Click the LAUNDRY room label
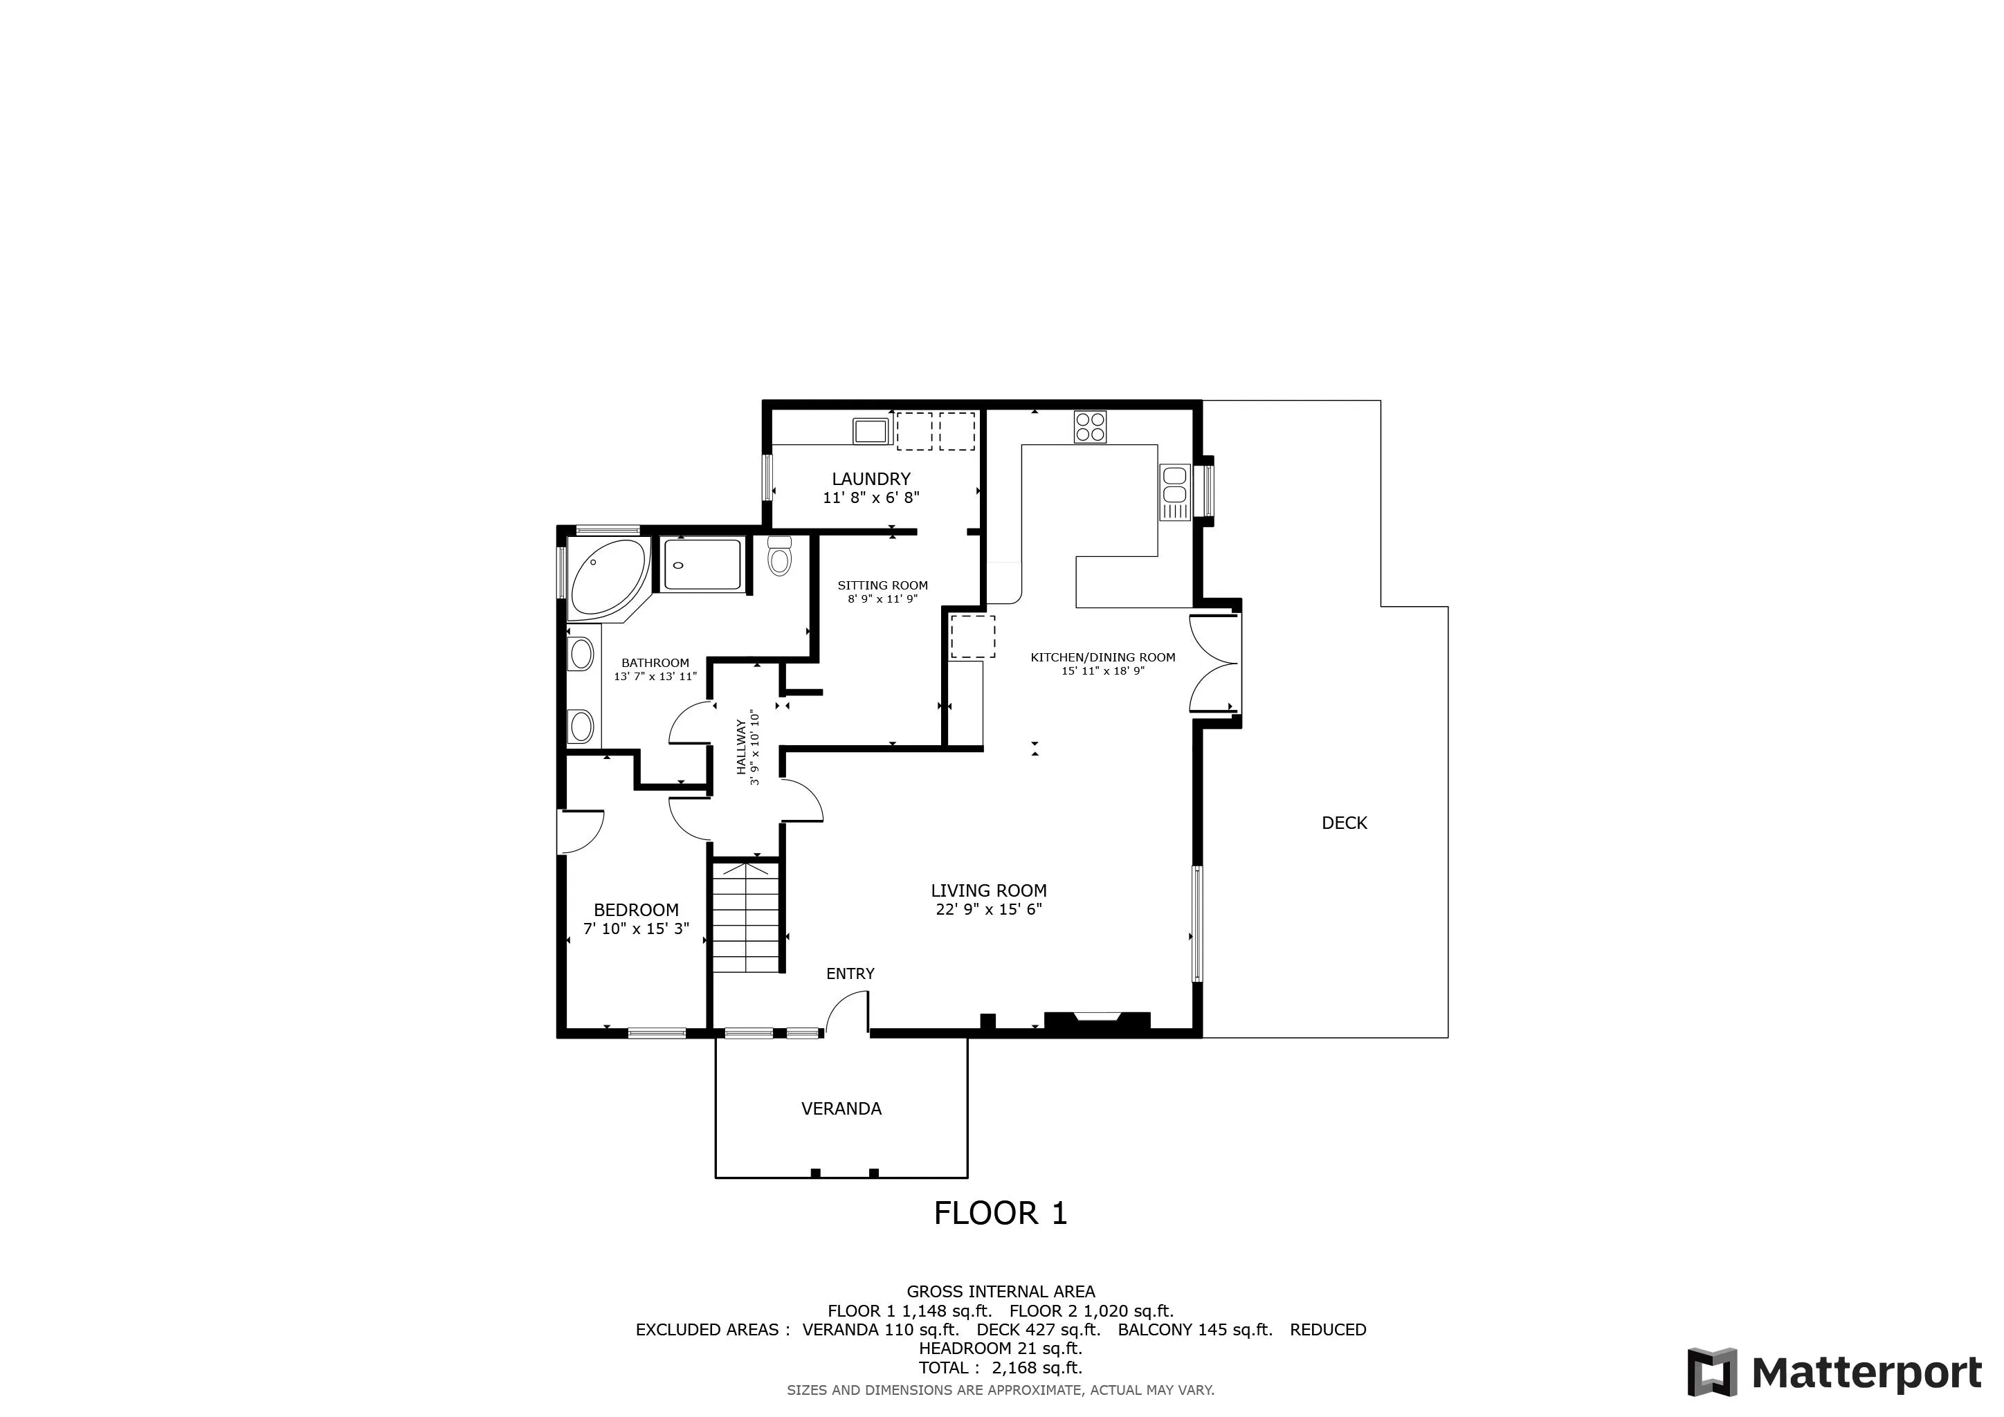871,478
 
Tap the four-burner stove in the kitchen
1090,427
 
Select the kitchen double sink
1174,492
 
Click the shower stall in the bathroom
702,564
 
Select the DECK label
1344,823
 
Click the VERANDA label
841,1108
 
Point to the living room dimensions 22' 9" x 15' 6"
988,909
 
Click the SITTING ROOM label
882,585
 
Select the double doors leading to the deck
1213,663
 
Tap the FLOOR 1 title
1000,1213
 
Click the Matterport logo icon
1711,1373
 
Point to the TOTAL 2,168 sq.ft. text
1000,1367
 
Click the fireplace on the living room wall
1096,1023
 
